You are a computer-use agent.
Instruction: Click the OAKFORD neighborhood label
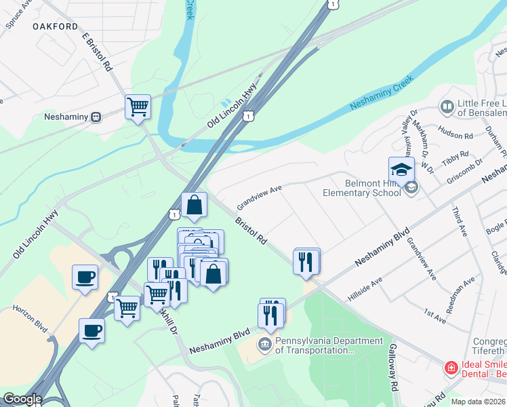click(55, 26)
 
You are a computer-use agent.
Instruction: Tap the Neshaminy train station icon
click(96, 117)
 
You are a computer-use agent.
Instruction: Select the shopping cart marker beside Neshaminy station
click(138, 106)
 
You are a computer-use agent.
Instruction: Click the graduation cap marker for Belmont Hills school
click(401, 170)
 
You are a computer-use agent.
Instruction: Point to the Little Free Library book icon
click(447, 106)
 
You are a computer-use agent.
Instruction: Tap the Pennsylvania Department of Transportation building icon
click(264, 345)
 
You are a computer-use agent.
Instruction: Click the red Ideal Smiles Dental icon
click(451, 368)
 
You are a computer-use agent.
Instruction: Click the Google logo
click(22, 400)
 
